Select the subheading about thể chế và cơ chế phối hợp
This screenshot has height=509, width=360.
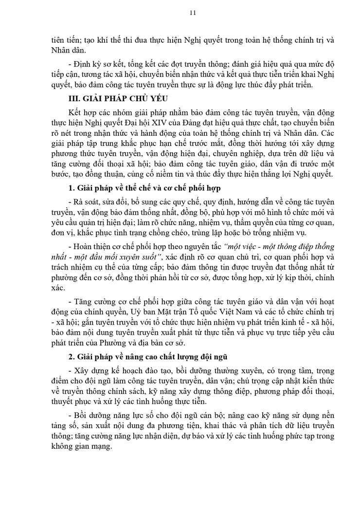(x=145, y=188)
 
